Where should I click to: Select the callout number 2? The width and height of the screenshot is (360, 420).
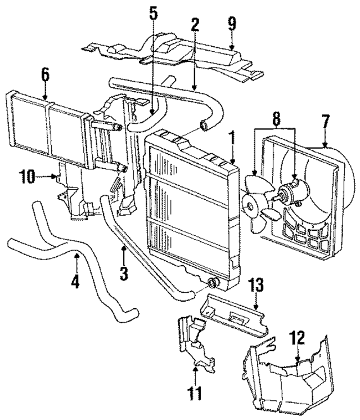coord(194,25)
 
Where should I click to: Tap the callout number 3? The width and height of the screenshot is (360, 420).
coord(124,274)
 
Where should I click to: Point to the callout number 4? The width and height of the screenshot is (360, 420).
coord(75,279)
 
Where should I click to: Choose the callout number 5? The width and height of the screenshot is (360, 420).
coord(154,14)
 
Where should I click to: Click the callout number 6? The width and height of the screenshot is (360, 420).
coord(46,74)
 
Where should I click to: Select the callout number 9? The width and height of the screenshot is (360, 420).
coord(232,24)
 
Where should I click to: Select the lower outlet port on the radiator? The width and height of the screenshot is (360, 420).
coord(213,283)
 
